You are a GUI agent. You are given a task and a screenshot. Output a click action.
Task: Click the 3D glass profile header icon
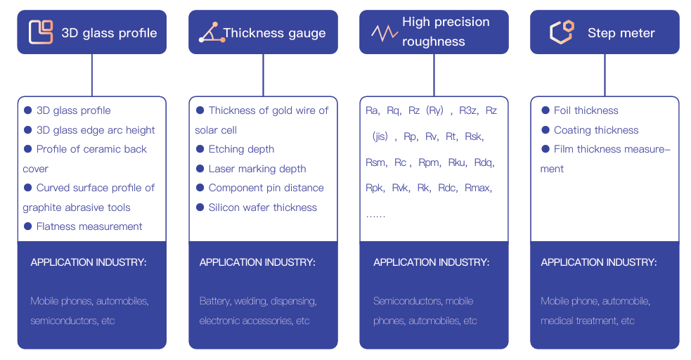41,32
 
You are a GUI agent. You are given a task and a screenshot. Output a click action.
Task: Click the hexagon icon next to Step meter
561,32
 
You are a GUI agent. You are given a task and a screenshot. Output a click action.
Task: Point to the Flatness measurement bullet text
89,226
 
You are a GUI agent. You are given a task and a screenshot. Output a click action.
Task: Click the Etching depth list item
241,149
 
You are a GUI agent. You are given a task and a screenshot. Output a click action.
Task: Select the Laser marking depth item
257,169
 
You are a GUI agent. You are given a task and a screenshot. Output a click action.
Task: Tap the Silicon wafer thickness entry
262,207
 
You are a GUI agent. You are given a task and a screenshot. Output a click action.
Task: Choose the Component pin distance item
266,188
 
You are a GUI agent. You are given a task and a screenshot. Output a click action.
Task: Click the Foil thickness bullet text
586,110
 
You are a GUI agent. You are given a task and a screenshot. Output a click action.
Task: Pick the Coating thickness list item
595,130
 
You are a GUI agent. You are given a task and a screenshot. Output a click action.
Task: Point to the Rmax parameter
478,188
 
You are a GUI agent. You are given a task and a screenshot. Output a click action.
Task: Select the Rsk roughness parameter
474,136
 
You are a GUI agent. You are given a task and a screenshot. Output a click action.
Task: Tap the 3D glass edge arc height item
96,130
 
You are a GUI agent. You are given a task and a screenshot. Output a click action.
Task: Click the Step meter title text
621,33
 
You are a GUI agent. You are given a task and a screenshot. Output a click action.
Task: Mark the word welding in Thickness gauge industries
250,301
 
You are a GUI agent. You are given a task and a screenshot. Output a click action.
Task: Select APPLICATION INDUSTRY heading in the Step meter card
599,262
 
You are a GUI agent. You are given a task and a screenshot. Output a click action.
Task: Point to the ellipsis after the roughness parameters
375,214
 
